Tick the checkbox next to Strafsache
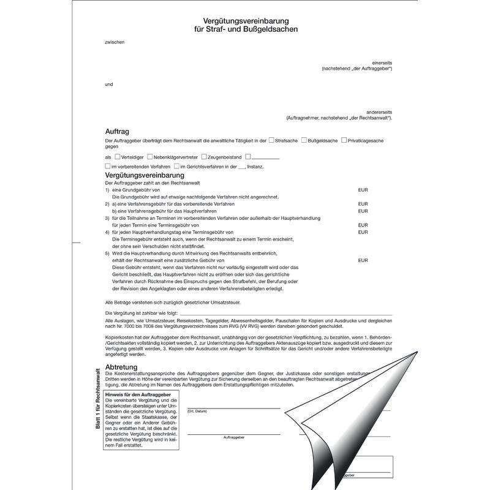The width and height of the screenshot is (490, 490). click(271, 140)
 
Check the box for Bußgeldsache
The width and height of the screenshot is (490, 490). click(304, 140)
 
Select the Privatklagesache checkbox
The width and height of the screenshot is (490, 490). click(343, 140)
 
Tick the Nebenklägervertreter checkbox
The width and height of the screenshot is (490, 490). click(150, 157)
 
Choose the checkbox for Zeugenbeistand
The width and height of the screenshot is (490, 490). click(204, 157)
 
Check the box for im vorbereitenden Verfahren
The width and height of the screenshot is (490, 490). click(108, 166)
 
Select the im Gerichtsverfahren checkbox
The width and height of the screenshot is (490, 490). click(176, 166)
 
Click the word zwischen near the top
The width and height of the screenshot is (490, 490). click(115, 42)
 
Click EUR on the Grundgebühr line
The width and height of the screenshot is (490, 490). click(363, 190)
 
